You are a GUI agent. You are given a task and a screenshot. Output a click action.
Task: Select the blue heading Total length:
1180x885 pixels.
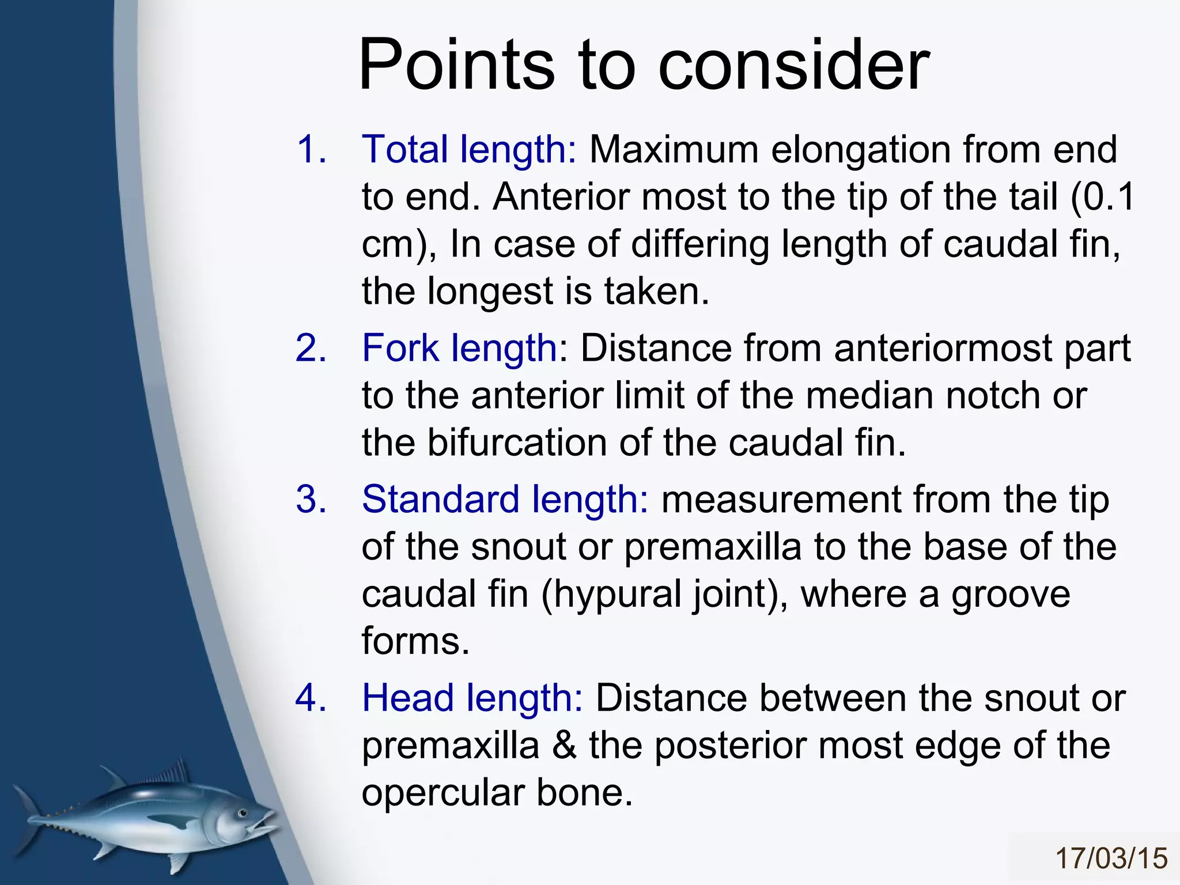(468, 150)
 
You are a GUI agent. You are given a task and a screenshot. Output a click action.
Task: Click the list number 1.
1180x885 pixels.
(311, 150)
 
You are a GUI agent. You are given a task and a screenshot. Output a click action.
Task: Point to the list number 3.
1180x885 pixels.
(311, 500)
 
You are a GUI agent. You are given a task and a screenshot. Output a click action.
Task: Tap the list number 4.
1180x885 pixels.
(311, 698)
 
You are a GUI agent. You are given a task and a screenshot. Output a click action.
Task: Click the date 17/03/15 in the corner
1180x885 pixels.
(1111, 858)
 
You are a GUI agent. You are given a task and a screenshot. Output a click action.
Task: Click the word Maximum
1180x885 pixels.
(674, 150)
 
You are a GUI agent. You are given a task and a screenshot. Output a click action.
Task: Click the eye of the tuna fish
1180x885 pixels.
(243, 813)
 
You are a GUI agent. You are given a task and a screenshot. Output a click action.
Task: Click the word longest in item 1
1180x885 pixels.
(490, 292)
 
